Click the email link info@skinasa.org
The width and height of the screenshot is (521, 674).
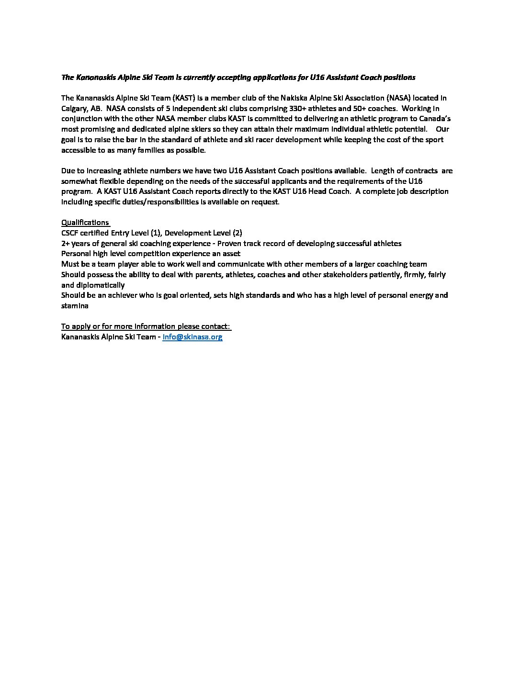pyautogui.click(x=193, y=337)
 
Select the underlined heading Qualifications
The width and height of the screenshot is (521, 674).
pyautogui.click(x=85, y=222)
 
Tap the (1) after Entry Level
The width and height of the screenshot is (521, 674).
pyautogui.click(x=155, y=233)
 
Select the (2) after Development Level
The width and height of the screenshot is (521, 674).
pyautogui.click(x=237, y=233)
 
